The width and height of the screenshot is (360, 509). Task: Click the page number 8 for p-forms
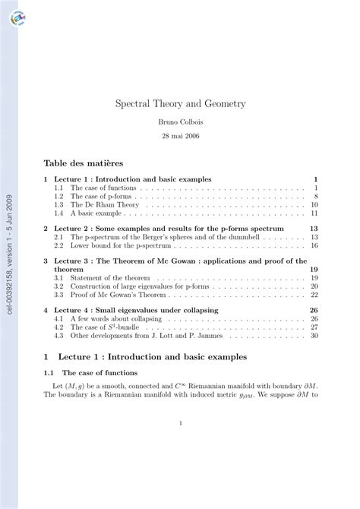coord(314,196)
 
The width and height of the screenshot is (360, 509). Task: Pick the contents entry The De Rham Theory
coord(99,205)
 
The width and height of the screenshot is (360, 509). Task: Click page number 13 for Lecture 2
coord(313,228)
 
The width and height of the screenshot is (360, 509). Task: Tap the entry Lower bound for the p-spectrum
coord(118,246)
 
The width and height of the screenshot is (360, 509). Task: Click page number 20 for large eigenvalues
coord(313,286)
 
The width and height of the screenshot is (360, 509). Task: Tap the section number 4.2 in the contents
coord(58,327)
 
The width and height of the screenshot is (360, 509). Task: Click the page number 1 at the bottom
coord(180,424)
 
